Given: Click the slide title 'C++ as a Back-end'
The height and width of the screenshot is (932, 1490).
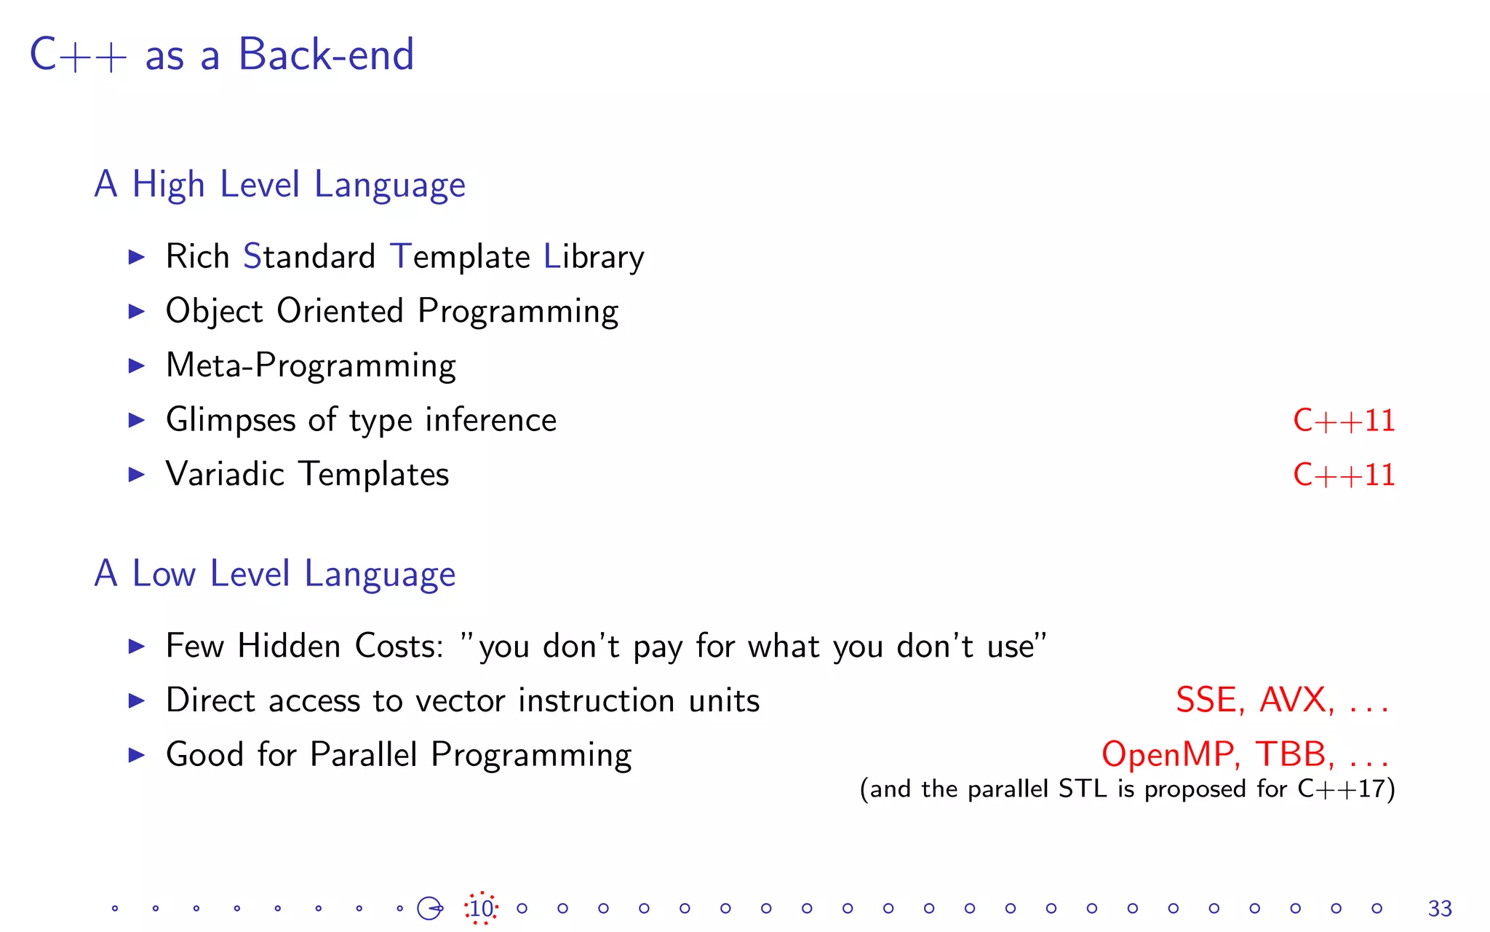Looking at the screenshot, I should pyautogui.click(x=222, y=55).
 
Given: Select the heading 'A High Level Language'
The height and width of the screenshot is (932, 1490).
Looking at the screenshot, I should pyautogui.click(x=279, y=184).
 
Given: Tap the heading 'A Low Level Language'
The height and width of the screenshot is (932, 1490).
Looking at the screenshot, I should pyautogui.click(x=274, y=574).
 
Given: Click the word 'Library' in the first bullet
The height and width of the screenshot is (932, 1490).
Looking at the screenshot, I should pyautogui.click(x=593, y=257).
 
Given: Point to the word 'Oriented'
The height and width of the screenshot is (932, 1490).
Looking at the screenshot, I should pyautogui.click(x=339, y=311).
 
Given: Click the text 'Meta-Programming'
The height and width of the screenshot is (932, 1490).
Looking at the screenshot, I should pyautogui.click(x=311, y=366).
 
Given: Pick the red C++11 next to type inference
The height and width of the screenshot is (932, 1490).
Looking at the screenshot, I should pyautogui.click(x=1343, y=421).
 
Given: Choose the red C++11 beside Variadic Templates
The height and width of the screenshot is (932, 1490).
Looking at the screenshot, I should pyautogui.click(x=1343, y=475).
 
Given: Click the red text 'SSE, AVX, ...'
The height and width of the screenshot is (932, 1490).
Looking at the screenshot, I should pyautogui.click(x=1282, y=700).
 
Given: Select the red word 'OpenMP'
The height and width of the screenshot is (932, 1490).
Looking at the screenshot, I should pyautogui.click(x=1167, y=754).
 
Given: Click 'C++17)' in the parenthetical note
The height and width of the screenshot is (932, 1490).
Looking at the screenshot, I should pyautogui.click(x=1346, y=789).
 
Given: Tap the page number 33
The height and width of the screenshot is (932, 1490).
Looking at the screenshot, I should pyautogui.click(x=1440, y=909).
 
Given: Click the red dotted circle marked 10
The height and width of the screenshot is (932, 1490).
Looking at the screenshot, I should pyautogui.click(x=481, y=909).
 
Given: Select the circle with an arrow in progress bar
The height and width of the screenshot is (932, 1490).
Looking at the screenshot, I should pyautogui.click(x=429, y=908).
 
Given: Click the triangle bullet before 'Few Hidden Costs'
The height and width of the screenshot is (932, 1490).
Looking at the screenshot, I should pyautogui.click(x=136, y=647).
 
